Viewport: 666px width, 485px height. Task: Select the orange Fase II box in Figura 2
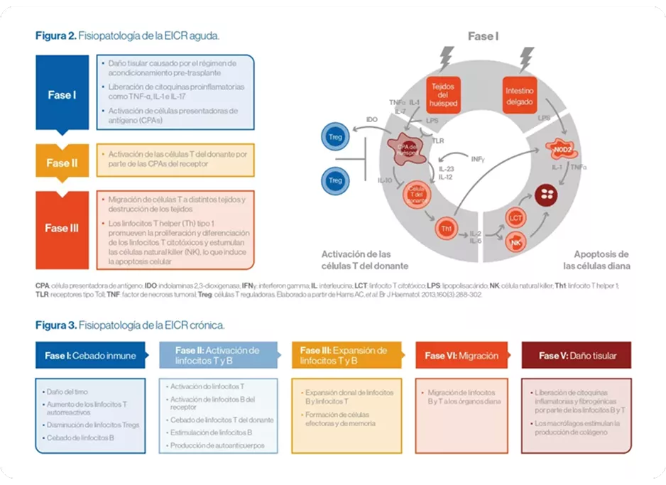tap(62, 163)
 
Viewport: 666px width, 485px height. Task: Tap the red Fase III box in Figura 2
tap(62, 228)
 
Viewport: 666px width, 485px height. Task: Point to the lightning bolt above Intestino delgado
tap(528, 57)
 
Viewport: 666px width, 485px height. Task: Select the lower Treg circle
tap(334, 180)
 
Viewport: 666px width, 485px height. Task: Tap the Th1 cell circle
tap(447, 229)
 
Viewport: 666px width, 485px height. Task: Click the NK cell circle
tap(516, 244)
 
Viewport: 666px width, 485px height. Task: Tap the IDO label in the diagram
tap(371, 120)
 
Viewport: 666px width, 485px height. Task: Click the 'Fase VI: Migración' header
tap(461, 356)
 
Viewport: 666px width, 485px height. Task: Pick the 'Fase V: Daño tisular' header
tap(577, 356)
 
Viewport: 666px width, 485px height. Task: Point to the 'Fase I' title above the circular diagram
tap(483, 36)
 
